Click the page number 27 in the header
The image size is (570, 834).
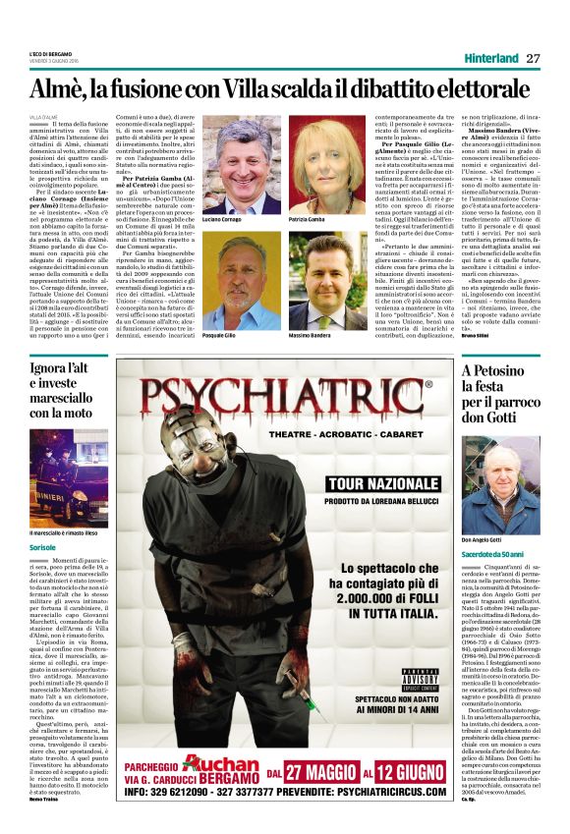(x=533, y=58)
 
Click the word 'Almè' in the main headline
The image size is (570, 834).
(x=70, y=91)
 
